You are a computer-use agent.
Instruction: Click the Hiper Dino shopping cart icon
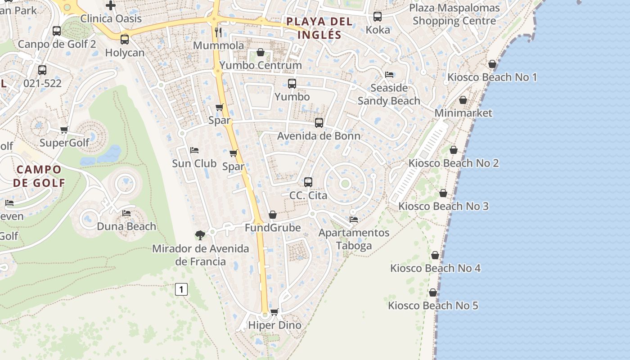[274, 311]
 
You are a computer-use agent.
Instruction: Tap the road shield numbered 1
[181, 289]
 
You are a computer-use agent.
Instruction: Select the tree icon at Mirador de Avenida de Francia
[200, 234]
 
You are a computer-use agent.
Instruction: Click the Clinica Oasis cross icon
[111, 5]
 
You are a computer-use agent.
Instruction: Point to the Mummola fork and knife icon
[218, 32]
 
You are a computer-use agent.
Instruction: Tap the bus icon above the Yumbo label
[292, 83]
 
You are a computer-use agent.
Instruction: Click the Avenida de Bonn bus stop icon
[319, 122]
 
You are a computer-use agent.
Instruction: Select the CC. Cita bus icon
[308, 182]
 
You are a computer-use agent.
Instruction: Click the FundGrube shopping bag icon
[273, 215]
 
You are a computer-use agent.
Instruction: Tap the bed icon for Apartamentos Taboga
[354, 220]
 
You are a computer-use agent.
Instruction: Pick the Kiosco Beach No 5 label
[433, 306]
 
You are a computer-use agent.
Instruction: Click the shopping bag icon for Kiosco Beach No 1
[492, 64]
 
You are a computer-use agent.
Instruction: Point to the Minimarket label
[463, 113]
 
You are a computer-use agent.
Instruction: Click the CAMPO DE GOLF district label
[39, 176]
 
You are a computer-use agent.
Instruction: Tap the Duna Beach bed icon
[126, 213]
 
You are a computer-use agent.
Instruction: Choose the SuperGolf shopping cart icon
[64, 130]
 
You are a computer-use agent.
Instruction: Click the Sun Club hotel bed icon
[194, 150]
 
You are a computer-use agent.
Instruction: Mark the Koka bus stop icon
[378, 17]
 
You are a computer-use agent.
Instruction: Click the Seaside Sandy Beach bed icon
[389, 74]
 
